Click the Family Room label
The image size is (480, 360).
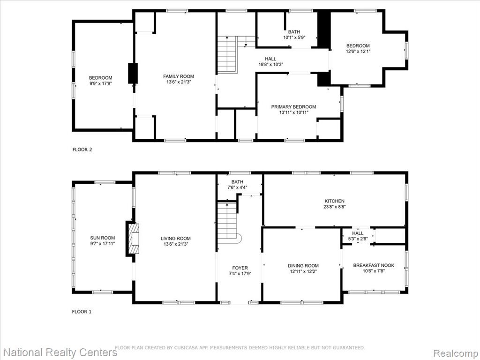[x=179, y=76]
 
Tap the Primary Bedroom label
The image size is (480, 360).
[x=293, y=107]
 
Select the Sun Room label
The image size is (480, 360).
[x=103, y=238]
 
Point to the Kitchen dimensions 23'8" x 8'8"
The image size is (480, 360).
[x=335, y=207]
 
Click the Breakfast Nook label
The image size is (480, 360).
[x=374, y=265]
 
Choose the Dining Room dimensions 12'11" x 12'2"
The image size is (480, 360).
[x=303, y=271]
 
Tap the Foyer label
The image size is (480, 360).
[x=240, y=268]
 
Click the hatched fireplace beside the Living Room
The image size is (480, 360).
[x=133, y=239]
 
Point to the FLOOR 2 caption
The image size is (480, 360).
[x=82, y=150]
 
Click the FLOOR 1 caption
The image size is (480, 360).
[x=82, y=312]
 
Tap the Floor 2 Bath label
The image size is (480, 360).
[x=294, y=32]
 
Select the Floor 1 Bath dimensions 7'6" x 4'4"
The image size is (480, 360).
[x=237, y=187]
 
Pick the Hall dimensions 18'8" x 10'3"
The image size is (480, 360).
[x=270, y=64]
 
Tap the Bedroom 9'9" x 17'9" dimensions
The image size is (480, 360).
[x=101, y=83]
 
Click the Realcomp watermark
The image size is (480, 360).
[x=456, y=352]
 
